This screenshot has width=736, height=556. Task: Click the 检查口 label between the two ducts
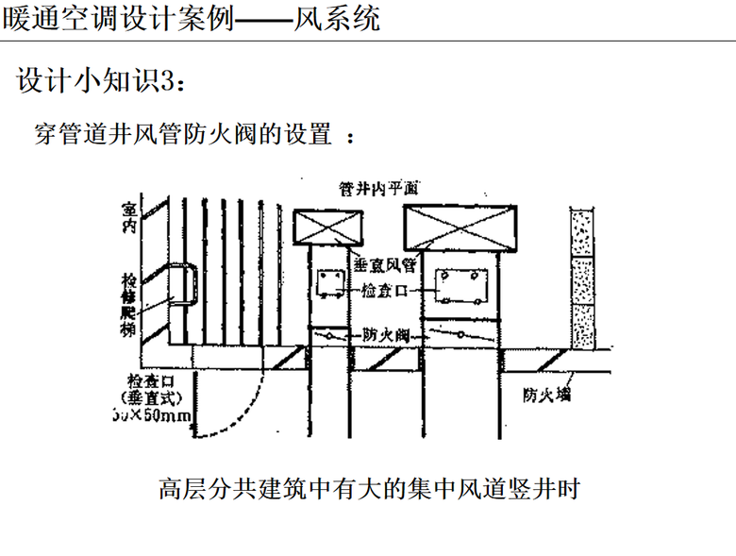tap(384, 292)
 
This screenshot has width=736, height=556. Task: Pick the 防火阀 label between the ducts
tap(384, 335)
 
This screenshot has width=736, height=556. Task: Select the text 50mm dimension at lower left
tap(154, 415)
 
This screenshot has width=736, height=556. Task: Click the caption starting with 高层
tap(368, 491)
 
